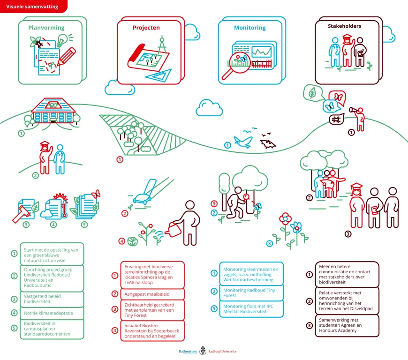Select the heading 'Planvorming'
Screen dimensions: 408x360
pyautogui.click(x=46, y=28)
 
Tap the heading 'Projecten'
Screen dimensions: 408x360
pyautogui.click(x=146, y=28)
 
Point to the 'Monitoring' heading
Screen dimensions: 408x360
pyautogui.click(x=250, y=28)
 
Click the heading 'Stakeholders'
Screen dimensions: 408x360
pyautogui.click(x=345, y=26)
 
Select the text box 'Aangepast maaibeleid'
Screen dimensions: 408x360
pyautogui.click(x=152, y=294)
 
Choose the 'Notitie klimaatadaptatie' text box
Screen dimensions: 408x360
pyautogui.click(x=52, y=313)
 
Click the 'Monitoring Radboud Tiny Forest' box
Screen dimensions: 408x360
pyautogui.click(x=251, y=293)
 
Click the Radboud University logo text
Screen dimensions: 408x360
pyautogui.click(x=222, y=352)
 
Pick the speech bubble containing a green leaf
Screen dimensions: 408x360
pyautogui.click(x=313, y=93)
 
